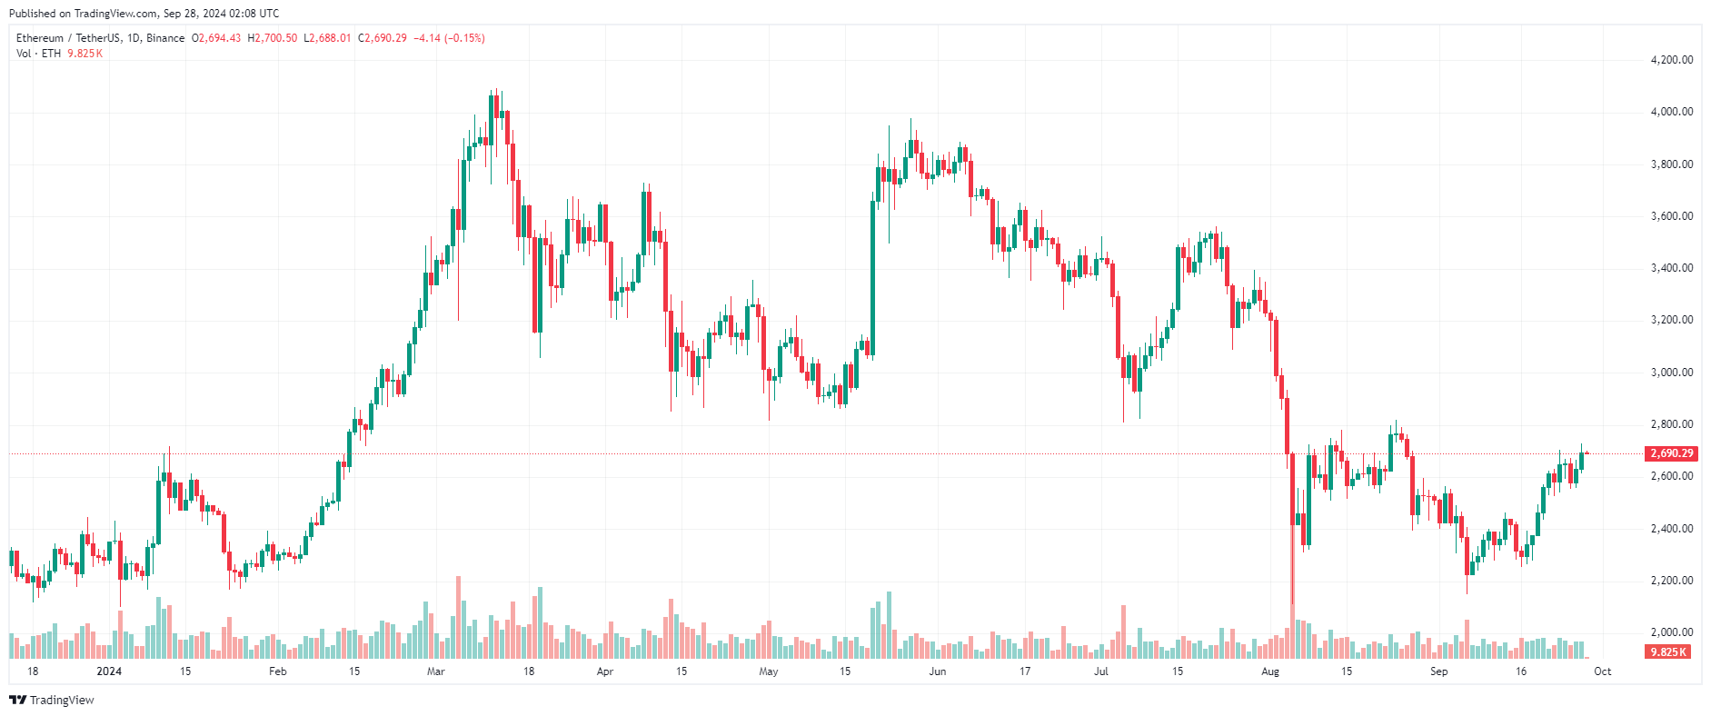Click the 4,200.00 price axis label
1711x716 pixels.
click(x=1671, y=60)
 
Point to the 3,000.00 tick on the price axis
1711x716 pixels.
click(x=1671, y=373)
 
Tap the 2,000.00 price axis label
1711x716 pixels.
click(x=1671, y=632)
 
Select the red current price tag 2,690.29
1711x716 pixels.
click(x=1671, y=453)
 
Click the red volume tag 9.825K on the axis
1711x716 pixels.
click(x=1667, y=652)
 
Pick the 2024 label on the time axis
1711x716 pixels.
click(x=109, y=671)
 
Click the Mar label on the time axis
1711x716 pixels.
click(x=436, y=671)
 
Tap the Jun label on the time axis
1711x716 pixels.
click(x=938, y=671)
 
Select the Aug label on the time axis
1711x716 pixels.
click(x=1270, y=671)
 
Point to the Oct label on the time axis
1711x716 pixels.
click(x=1603, y=671)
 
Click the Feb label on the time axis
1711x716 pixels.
click(x=278, y=671)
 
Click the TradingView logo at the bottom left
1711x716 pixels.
click(x=52, y=700)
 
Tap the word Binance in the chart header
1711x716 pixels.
click(x=165, y=38)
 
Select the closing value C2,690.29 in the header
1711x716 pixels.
click(x=383, y=38)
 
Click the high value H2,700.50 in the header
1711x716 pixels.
click(x=273, y=38)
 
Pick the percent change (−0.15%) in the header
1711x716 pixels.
click(x=464, y=38)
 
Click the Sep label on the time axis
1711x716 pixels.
click(x=1439, y=671)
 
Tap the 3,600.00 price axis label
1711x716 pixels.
click(x=1671, y=216)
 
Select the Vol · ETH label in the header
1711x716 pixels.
click(x=38, y=54)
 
